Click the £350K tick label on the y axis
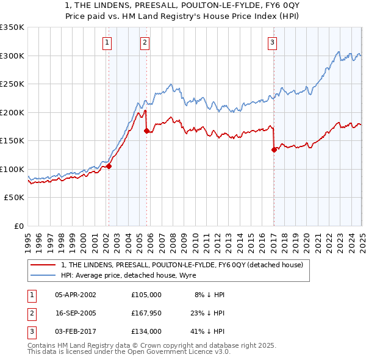pos(12,27)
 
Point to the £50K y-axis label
pos(13,198)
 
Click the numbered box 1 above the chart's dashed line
pos(107,42)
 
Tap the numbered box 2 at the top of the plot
pos(145,42)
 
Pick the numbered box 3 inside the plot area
pos(272,42)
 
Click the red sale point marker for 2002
pos(109,166)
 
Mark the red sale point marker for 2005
pos(147,131)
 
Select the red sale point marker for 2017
pos(274,149)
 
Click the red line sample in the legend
pos(43,265)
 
